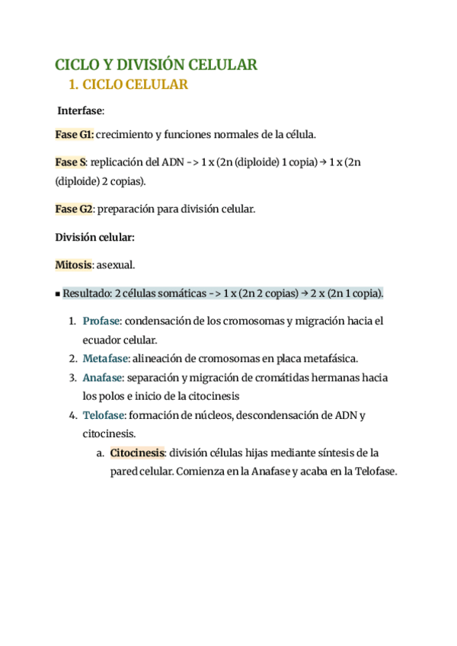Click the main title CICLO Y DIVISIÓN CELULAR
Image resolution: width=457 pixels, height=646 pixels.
pos(156,65)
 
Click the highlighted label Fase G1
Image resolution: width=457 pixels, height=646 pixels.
pos(74,135)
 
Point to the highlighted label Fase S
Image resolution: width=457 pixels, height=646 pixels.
pos(70,162)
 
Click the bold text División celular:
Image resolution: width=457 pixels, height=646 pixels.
pos(95,237)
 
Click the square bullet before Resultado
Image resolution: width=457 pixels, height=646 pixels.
pos(58,294)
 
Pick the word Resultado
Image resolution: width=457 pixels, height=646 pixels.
pos(86,293)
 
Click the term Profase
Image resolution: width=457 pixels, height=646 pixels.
pos(101,321)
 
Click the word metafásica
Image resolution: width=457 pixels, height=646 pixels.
pos(330,358)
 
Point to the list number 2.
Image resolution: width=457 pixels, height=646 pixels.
pos(72,358)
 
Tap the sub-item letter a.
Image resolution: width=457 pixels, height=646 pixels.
pos(100,453)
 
